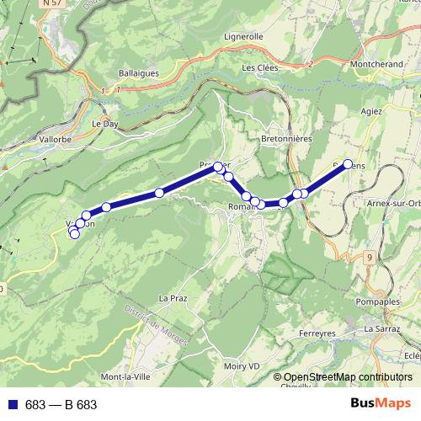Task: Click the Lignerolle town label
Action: pos(244,37)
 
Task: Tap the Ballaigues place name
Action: pos(139,73)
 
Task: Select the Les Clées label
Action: pos(259,68)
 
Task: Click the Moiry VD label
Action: pos(242,366)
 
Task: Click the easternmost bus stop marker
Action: pos(348,164)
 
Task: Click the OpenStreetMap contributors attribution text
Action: pos(348,376)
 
